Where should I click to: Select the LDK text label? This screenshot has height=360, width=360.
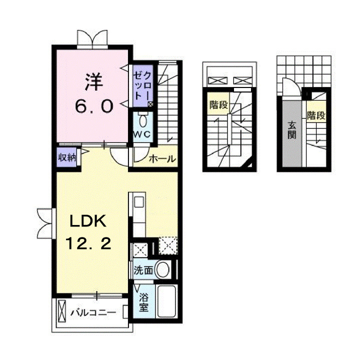(x=88, y=221)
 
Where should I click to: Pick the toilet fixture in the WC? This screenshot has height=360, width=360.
(x=143, y=120)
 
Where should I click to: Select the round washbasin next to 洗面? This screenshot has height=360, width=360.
(x=162, y=270)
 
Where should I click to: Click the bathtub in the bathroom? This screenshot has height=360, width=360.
(x=165, y=301)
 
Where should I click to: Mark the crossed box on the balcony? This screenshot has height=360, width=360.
(x=62, y=312)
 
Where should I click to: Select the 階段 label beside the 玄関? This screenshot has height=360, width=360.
(x=316, y=116)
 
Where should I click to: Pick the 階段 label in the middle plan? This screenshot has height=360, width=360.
(x=217, y=105)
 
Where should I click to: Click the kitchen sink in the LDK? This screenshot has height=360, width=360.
(x=138, y=202)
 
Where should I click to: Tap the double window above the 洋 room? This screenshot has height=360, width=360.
(x=92, y=38)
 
